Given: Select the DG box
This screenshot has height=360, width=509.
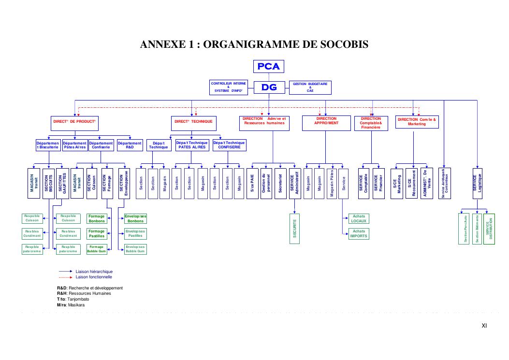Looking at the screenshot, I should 269,87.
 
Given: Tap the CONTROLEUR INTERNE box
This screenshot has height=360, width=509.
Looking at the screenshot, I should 228,87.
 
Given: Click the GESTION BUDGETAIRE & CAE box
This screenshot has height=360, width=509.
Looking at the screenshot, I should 310,87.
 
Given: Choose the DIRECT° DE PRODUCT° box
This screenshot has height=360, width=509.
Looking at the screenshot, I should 74,122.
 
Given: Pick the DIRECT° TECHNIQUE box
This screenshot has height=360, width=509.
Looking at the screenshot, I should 193,122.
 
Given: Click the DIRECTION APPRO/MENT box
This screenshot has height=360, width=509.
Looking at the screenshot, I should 327,123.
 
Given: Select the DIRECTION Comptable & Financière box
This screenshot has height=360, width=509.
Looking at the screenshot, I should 371,123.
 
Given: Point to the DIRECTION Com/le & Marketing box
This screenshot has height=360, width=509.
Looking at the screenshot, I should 417,122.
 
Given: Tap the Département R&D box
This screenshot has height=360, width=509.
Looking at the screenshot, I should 130,145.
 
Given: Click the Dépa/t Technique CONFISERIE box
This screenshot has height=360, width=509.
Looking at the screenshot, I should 229,145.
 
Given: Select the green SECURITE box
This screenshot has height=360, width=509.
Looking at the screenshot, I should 295,229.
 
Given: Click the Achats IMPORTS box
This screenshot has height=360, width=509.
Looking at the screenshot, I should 359,233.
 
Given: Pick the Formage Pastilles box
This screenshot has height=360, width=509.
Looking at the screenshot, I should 96,233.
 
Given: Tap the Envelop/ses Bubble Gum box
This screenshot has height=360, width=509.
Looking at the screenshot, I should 135,249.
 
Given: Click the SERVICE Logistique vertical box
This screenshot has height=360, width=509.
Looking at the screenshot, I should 477,184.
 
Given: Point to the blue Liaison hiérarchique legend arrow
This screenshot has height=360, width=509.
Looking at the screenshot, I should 65,272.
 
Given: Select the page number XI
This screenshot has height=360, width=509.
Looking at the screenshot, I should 484,326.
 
